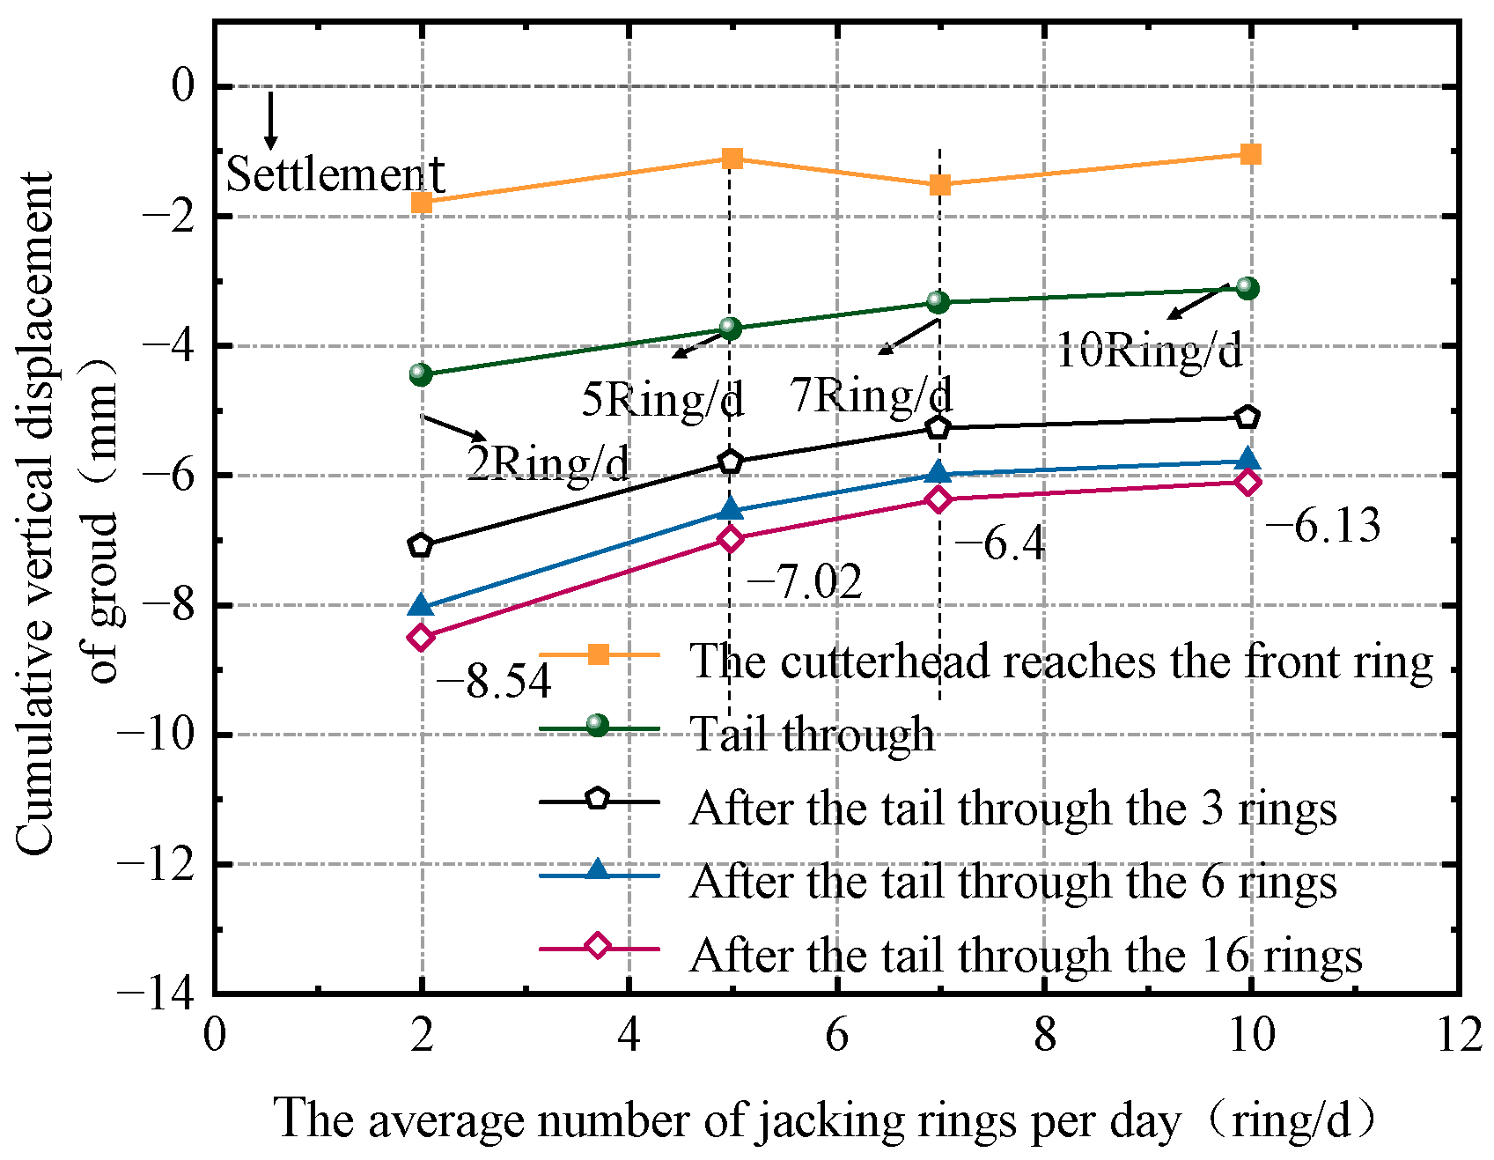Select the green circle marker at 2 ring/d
(421, 374)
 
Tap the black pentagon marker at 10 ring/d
(1247, 417)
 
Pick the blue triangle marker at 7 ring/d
(938, 473)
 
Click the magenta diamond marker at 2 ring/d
(421, 637)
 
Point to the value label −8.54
(494, 681)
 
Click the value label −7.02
(805, 582)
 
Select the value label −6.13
(1323, 527)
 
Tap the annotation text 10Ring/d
(1149, 351)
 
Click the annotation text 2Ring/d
(548, 462)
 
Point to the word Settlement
(335, 174)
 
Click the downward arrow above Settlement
(271, 121)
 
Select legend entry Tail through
(812, 734)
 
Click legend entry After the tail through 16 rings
(1026, 955)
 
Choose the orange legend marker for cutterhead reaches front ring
(598, 654)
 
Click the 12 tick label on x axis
(1460, 1035)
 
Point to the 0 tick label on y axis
(182, 86)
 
